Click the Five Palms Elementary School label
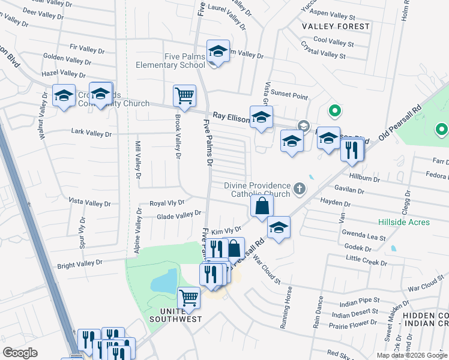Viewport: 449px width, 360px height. click(170, 61)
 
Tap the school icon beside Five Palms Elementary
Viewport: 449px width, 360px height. click(218, 52)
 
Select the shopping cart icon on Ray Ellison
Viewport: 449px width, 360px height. click(184, 95)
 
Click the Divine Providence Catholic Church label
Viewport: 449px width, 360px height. click(258, 190)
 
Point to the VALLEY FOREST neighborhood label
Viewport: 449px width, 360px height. click(336, 26)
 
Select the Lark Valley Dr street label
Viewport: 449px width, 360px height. click(91, 132)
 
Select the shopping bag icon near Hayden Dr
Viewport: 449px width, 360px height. click(262, 207)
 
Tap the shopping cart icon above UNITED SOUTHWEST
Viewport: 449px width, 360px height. click(189, 298)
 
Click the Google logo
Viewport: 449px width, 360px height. click(21, 353)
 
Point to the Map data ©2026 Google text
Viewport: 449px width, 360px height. click(411, 355)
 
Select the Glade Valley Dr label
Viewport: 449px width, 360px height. click(179, 215)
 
